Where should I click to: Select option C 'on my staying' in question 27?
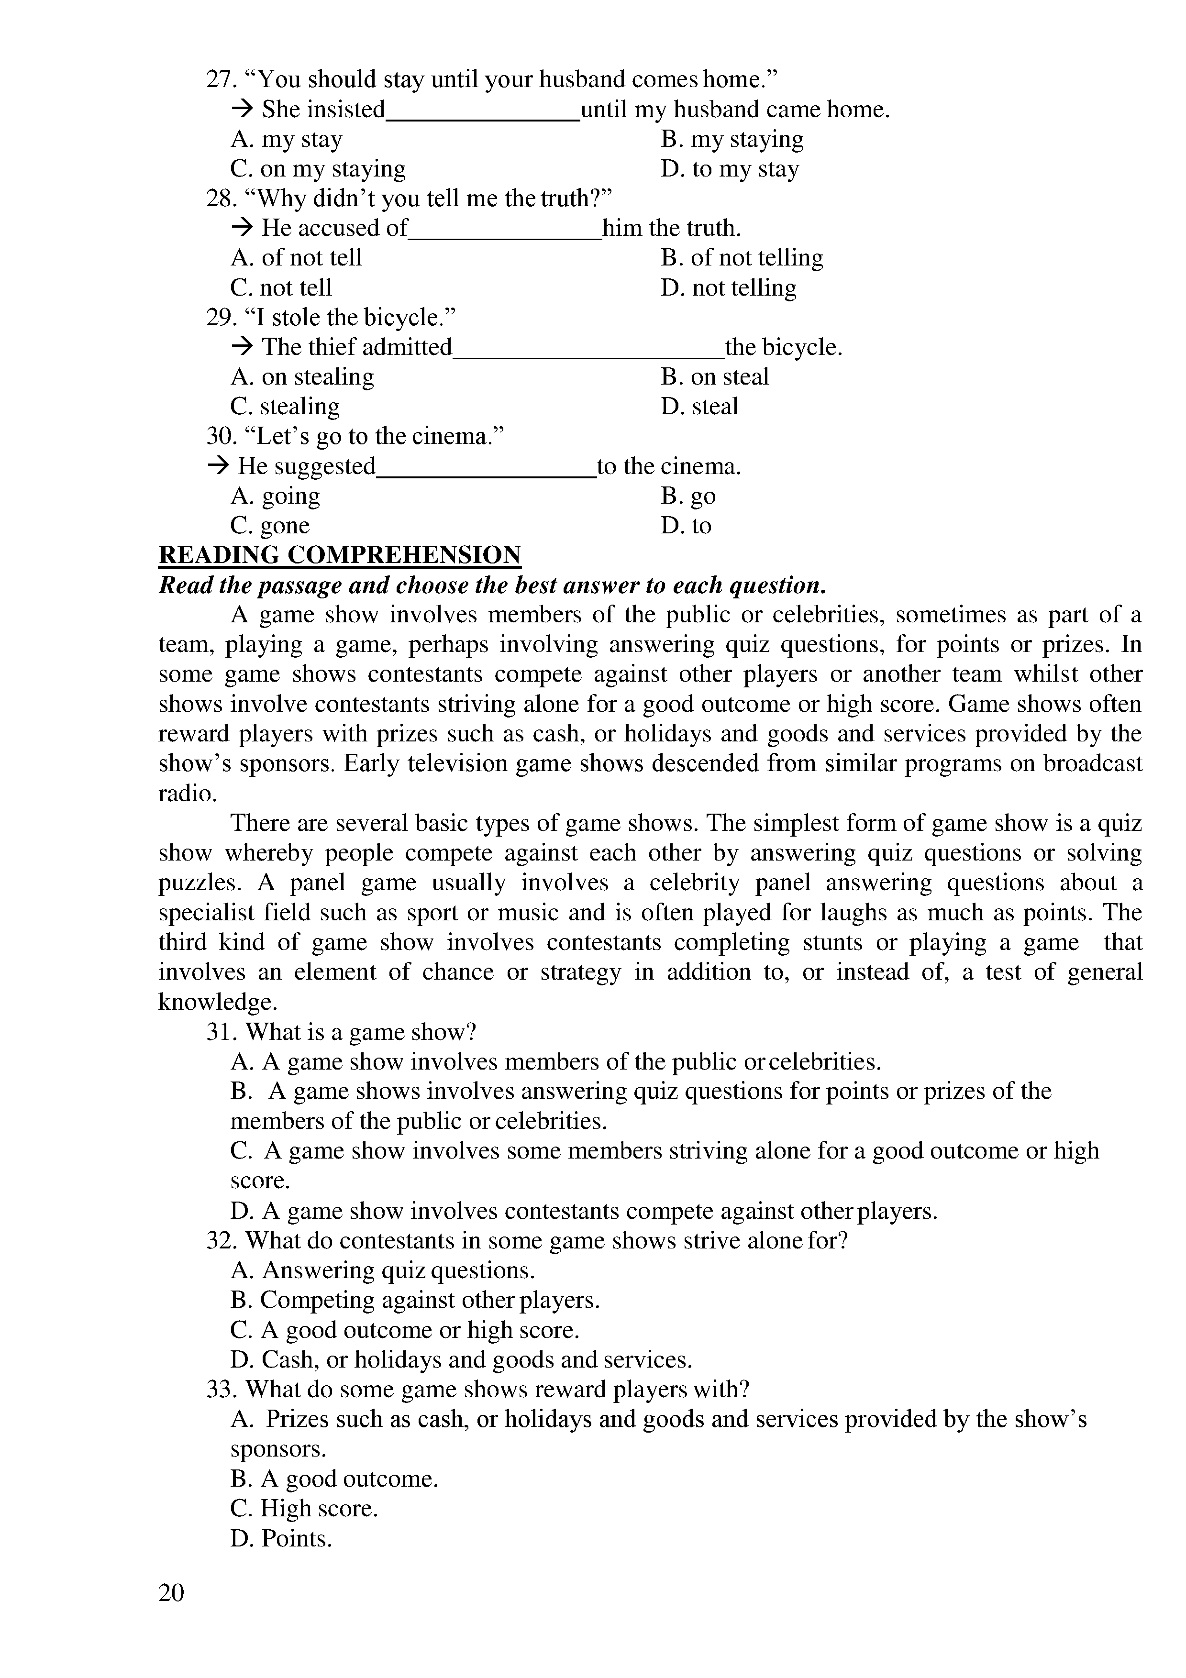(318, 169)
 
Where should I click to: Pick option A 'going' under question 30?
(276, 496)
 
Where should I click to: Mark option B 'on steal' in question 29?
(715, 376)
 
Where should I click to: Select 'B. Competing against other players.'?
(415, 1300)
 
